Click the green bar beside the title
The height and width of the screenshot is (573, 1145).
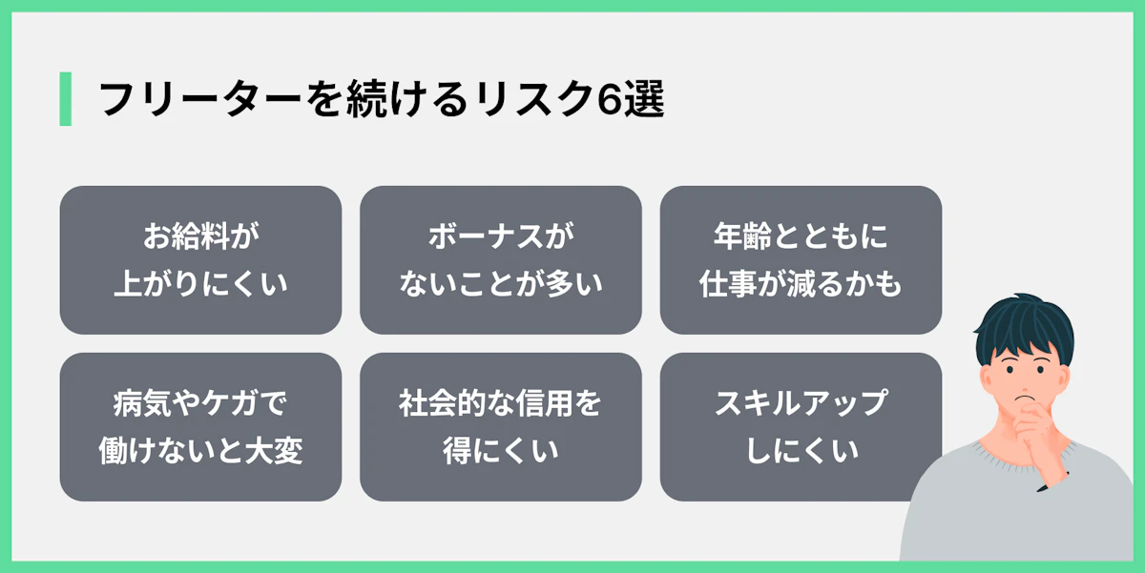pos(65,98)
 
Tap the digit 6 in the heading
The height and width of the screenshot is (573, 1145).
pos(612,99)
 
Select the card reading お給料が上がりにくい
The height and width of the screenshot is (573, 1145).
pos(200,259)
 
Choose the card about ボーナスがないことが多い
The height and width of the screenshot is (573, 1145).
pos(500,259)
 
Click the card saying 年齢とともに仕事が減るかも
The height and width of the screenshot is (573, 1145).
pos(801,259)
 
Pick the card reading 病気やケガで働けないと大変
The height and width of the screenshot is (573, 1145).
pos(200,426)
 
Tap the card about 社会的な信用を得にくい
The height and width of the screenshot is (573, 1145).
pos(500,426)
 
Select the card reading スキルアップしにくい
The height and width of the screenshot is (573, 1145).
pos(801,426)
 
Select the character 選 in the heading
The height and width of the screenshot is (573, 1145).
pos(646,99)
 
